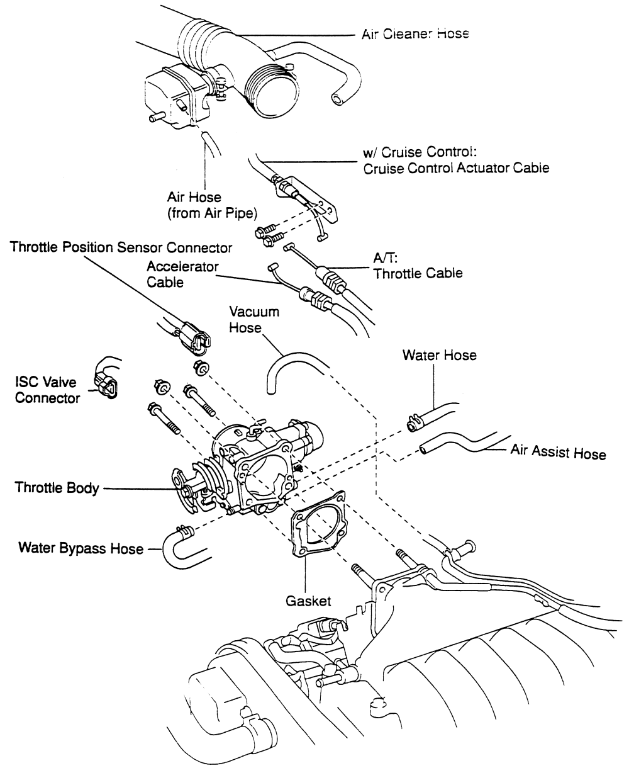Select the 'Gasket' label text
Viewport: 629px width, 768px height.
click(x=305, y=601)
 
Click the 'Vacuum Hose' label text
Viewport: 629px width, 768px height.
click(x=254, y=320)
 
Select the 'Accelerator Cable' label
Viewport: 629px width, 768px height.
click(x=182, y=274)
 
